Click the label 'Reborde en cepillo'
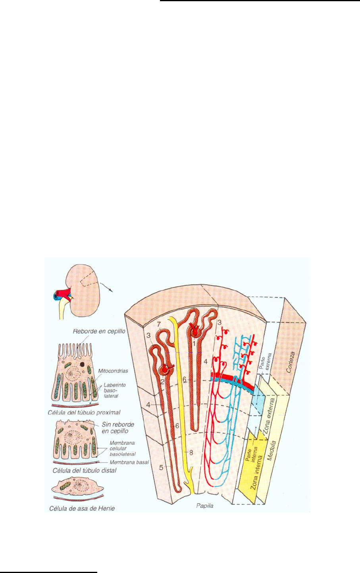pyautogui.click(x=97, y=331)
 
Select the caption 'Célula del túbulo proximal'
pyautogui.click(x=87, y=412)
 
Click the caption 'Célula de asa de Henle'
pyautogui.click(x=82, y=508)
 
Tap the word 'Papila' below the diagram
pyautogui.click(x=205, y=505)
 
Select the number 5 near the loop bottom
pyautogui.click(x=161, y=467)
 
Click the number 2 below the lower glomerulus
pyautogui.click(x=162, y=382)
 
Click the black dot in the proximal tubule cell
pyautogui.click(x=82, y=364)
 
